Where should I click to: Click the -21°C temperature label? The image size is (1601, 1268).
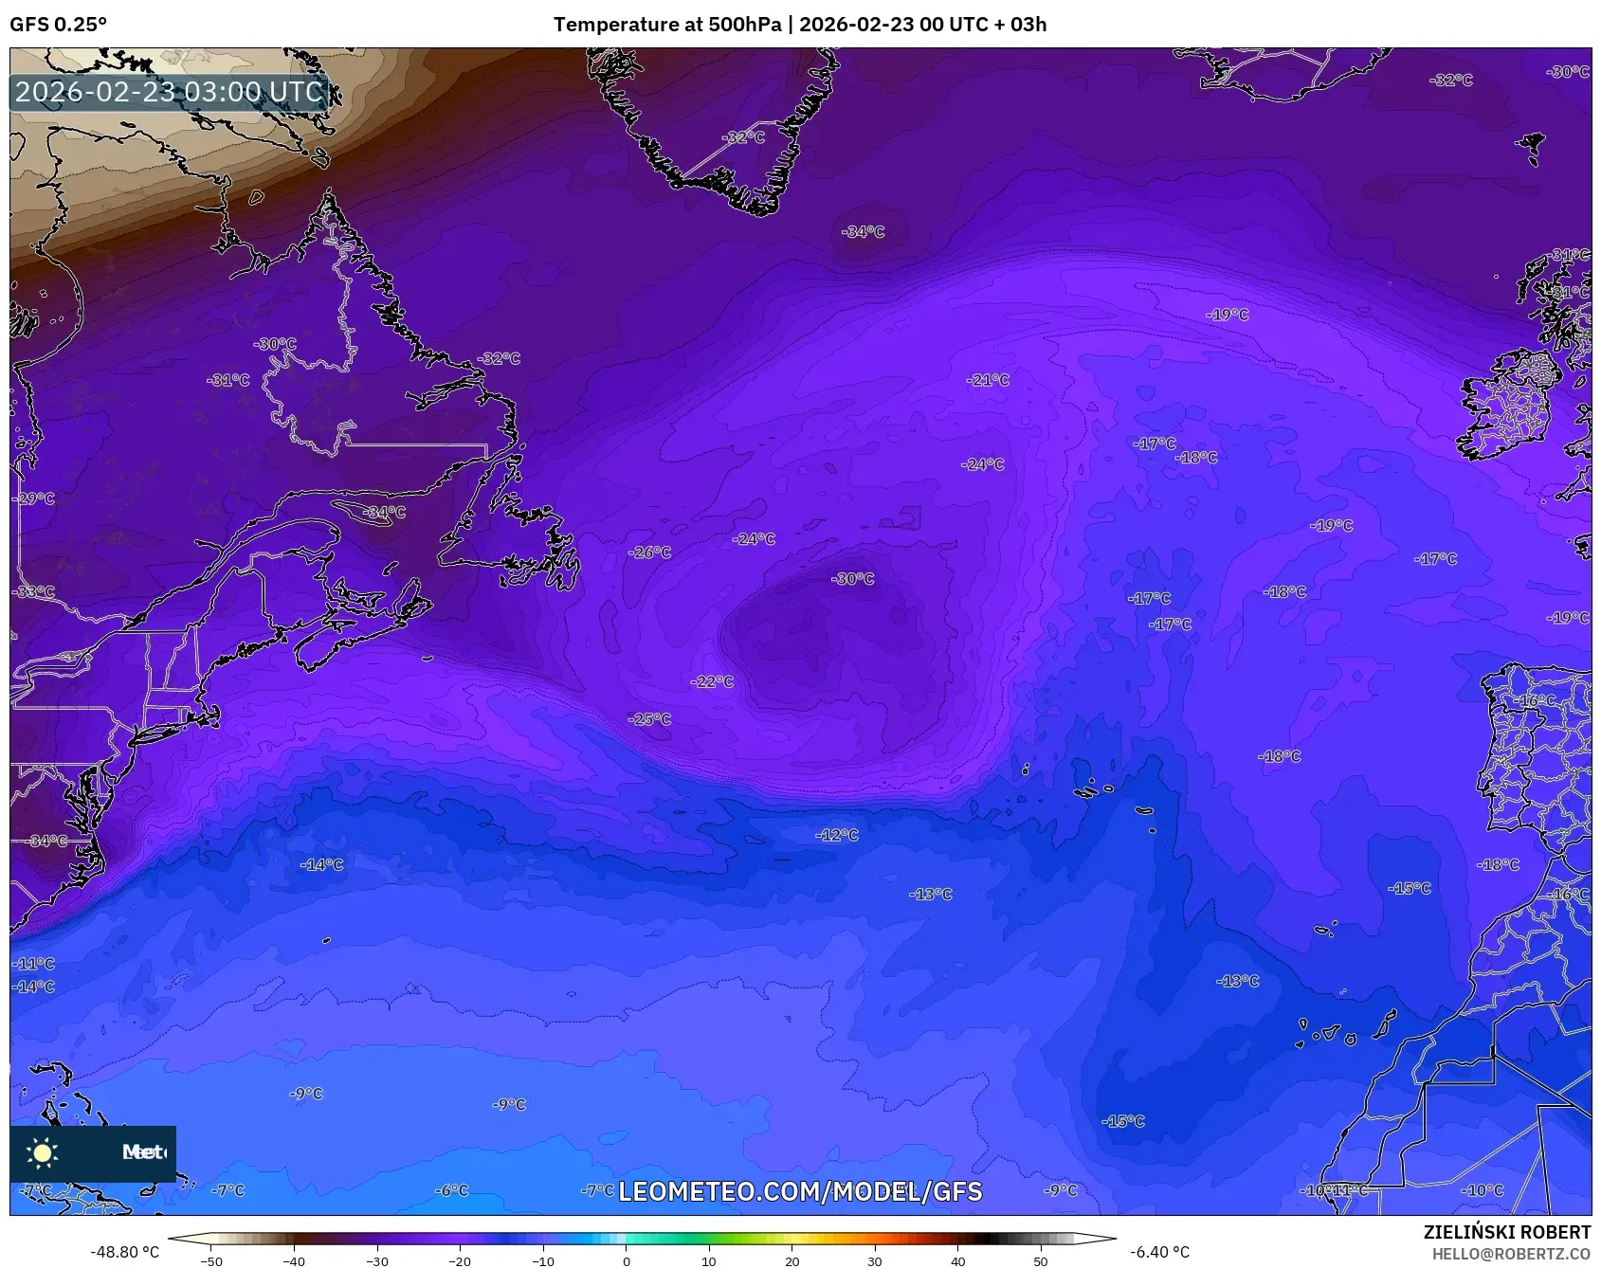(988, 380)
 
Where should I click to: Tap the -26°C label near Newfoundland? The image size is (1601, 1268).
(650, 552)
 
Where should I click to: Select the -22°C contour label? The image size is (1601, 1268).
(712, 681)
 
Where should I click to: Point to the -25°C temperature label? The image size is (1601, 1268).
(649, 719)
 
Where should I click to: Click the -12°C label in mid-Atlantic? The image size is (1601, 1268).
(837, 835)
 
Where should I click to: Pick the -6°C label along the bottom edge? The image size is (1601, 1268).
(451, 1190)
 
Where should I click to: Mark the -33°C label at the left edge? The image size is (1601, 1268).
(34, 591)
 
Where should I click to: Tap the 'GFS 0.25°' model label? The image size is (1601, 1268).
(59, 25)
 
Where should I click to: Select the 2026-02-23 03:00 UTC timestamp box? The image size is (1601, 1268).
(169, 92)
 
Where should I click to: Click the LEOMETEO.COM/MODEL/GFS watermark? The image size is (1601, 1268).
(800, 1191)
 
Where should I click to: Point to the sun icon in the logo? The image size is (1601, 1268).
(43, 1152)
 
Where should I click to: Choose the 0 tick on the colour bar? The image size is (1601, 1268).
(626, 1260)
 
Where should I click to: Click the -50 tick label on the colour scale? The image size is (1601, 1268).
(211, 1260)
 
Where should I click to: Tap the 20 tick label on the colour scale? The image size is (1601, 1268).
(791, 1260)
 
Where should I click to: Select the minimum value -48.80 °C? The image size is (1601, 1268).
(124, 1252)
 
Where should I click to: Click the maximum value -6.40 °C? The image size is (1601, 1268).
(1159, 1252)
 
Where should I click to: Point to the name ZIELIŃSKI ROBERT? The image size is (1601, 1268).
(1506, 1232)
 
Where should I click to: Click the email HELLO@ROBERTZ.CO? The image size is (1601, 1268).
(1511, 1254)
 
